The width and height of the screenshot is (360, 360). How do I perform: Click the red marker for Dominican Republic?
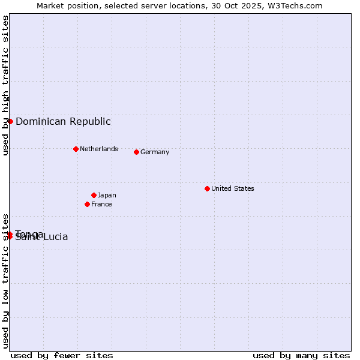coord(10,121)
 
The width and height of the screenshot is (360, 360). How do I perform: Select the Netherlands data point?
coord(76,149)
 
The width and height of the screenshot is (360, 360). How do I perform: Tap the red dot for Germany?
coord(136,152)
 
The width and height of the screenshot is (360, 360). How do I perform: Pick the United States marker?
coord(207,188)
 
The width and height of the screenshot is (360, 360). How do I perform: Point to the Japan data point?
coord(94,195)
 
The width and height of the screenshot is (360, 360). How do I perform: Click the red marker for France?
coord(87,204)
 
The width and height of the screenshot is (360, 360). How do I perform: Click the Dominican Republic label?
coord(63,121)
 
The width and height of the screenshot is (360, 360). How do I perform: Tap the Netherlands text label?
coord(98,149)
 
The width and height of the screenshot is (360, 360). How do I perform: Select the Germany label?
coord(155,152)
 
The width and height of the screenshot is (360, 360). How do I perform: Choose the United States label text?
coord(232,188)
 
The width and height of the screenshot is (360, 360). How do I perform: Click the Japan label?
coord(107,195)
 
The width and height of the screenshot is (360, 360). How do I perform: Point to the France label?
coord(101,204)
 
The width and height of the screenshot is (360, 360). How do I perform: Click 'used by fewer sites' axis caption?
coord(62,355)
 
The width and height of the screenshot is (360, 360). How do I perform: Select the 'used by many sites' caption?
coord(301,355)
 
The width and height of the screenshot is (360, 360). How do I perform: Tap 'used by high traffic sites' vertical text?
coord(5,85)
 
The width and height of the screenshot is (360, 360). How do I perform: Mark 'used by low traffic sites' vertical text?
coord(5,280)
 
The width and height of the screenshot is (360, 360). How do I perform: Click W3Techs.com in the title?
coord(294,5)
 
